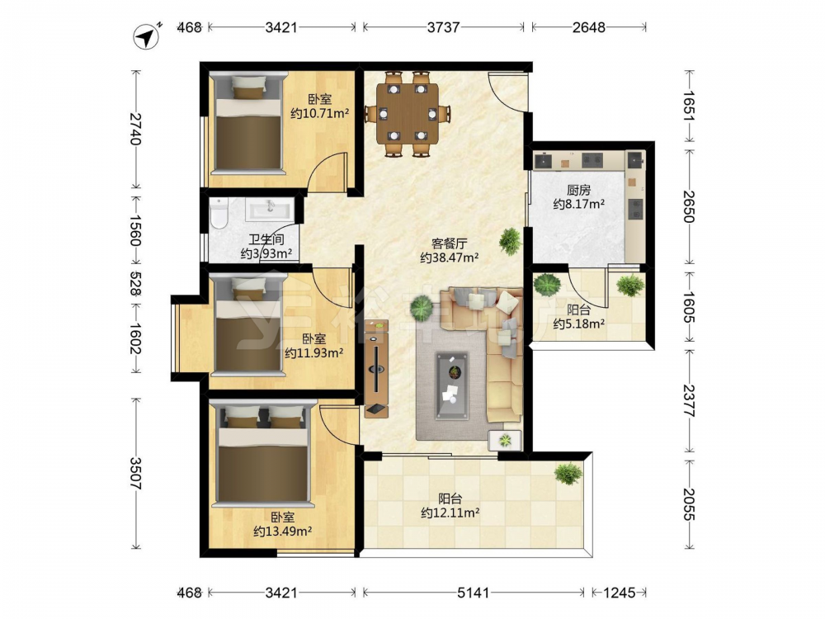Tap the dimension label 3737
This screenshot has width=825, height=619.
tap(443, 27)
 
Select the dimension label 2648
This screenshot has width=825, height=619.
tap(589, 27)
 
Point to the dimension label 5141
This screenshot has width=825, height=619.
tap(473, 593)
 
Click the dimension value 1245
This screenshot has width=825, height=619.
tap(620, 593)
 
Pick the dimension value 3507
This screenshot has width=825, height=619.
tap(136, 473)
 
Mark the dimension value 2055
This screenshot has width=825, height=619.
tap(689, 503)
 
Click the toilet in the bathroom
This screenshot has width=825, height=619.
tap(218, 213)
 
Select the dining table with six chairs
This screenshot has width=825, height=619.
tap(408, 113)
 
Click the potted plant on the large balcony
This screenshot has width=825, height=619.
tap(568, 473)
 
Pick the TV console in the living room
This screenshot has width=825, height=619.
tap(377, 368)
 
